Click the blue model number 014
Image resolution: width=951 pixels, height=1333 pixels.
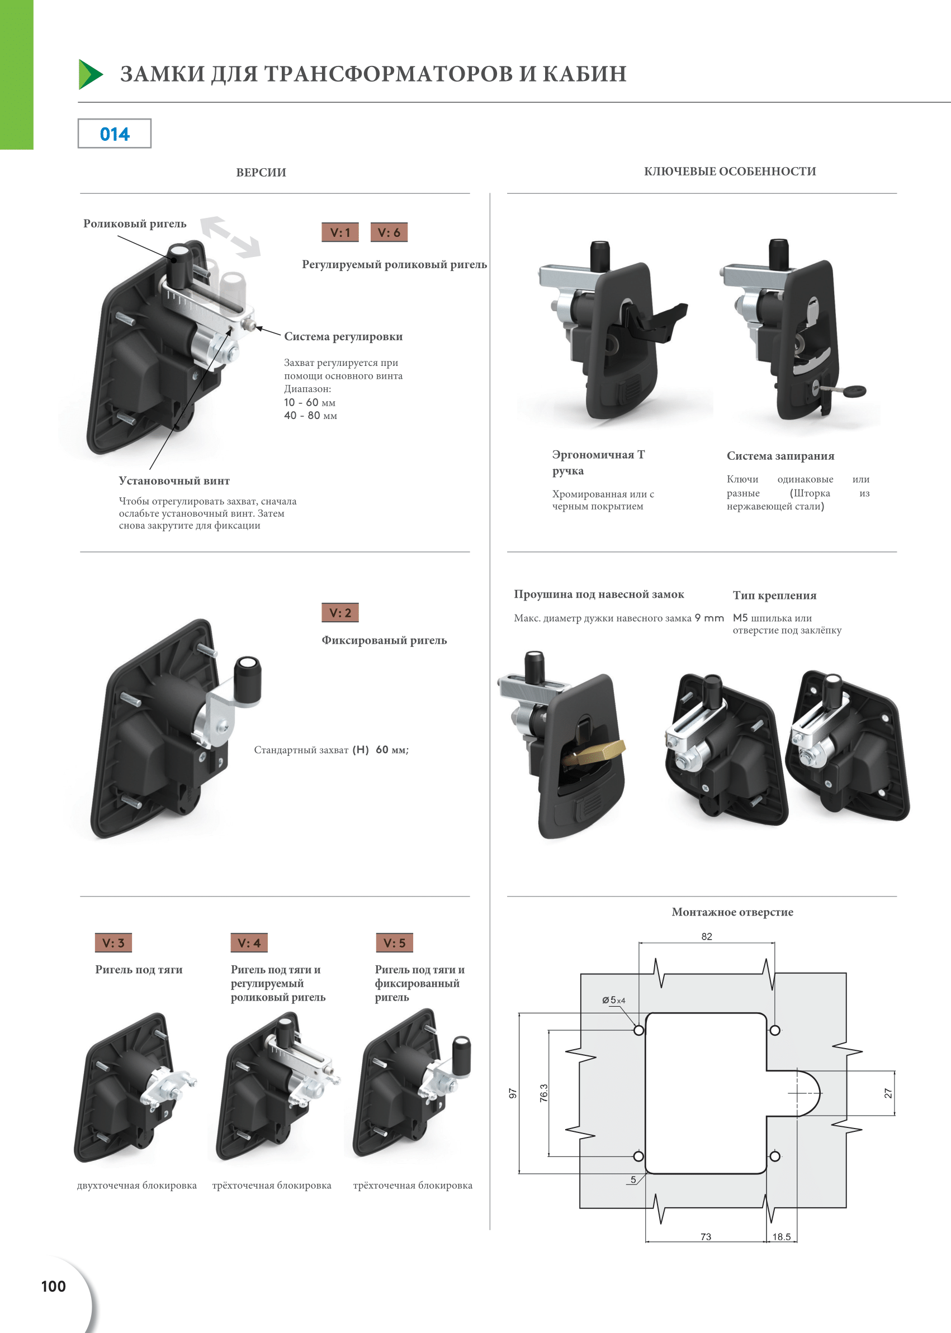[115, 134]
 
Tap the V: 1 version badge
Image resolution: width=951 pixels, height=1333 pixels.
[340, 232]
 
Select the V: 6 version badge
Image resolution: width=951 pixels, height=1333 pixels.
[389, 232]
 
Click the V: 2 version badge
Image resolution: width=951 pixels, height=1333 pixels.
[340, 613]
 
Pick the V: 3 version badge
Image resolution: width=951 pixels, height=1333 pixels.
[113, 942]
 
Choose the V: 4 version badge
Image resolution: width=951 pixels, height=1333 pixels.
[249, 942]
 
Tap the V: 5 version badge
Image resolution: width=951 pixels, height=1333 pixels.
[394, 942]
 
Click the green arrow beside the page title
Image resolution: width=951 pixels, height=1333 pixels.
[90, 74]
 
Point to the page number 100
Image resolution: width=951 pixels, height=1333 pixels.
[53, 1286]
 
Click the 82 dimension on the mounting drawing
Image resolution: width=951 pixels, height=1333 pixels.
[707, 936]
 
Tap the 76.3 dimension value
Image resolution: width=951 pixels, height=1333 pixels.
[544, 1093]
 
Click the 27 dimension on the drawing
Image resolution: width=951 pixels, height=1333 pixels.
[888, 1093]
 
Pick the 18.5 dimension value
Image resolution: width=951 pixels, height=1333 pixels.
[781, 1236]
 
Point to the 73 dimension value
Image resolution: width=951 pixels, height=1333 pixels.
[706, 1236]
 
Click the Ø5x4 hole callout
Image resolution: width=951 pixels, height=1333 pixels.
[613, 1000]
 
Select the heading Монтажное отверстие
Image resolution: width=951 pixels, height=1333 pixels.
[732, 912]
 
